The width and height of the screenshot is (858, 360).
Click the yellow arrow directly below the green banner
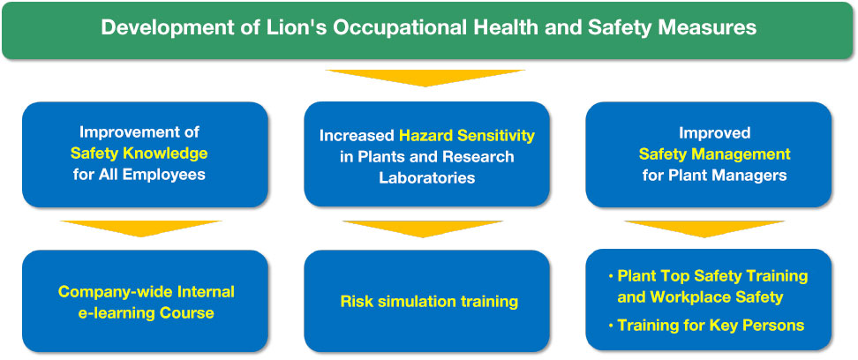click(x=425, y=78)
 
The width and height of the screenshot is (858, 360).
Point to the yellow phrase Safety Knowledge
click(x=139, y=154)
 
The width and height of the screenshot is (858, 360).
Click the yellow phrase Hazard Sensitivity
click(x=467, y=135)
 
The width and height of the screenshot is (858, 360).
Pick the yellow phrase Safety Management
click(x=715, y=154)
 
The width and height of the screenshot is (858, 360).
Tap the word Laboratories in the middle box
click(x=427, y=178)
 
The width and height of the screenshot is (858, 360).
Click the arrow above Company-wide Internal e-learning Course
click(x=140, y=229)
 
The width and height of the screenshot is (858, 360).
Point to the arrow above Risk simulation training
click(x=423, y=229)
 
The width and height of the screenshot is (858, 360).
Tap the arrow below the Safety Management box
click(x=704, y=229)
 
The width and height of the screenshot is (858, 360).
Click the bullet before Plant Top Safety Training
click(x=611, y=277)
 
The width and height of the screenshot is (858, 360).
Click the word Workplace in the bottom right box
click(x=693, y=297)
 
